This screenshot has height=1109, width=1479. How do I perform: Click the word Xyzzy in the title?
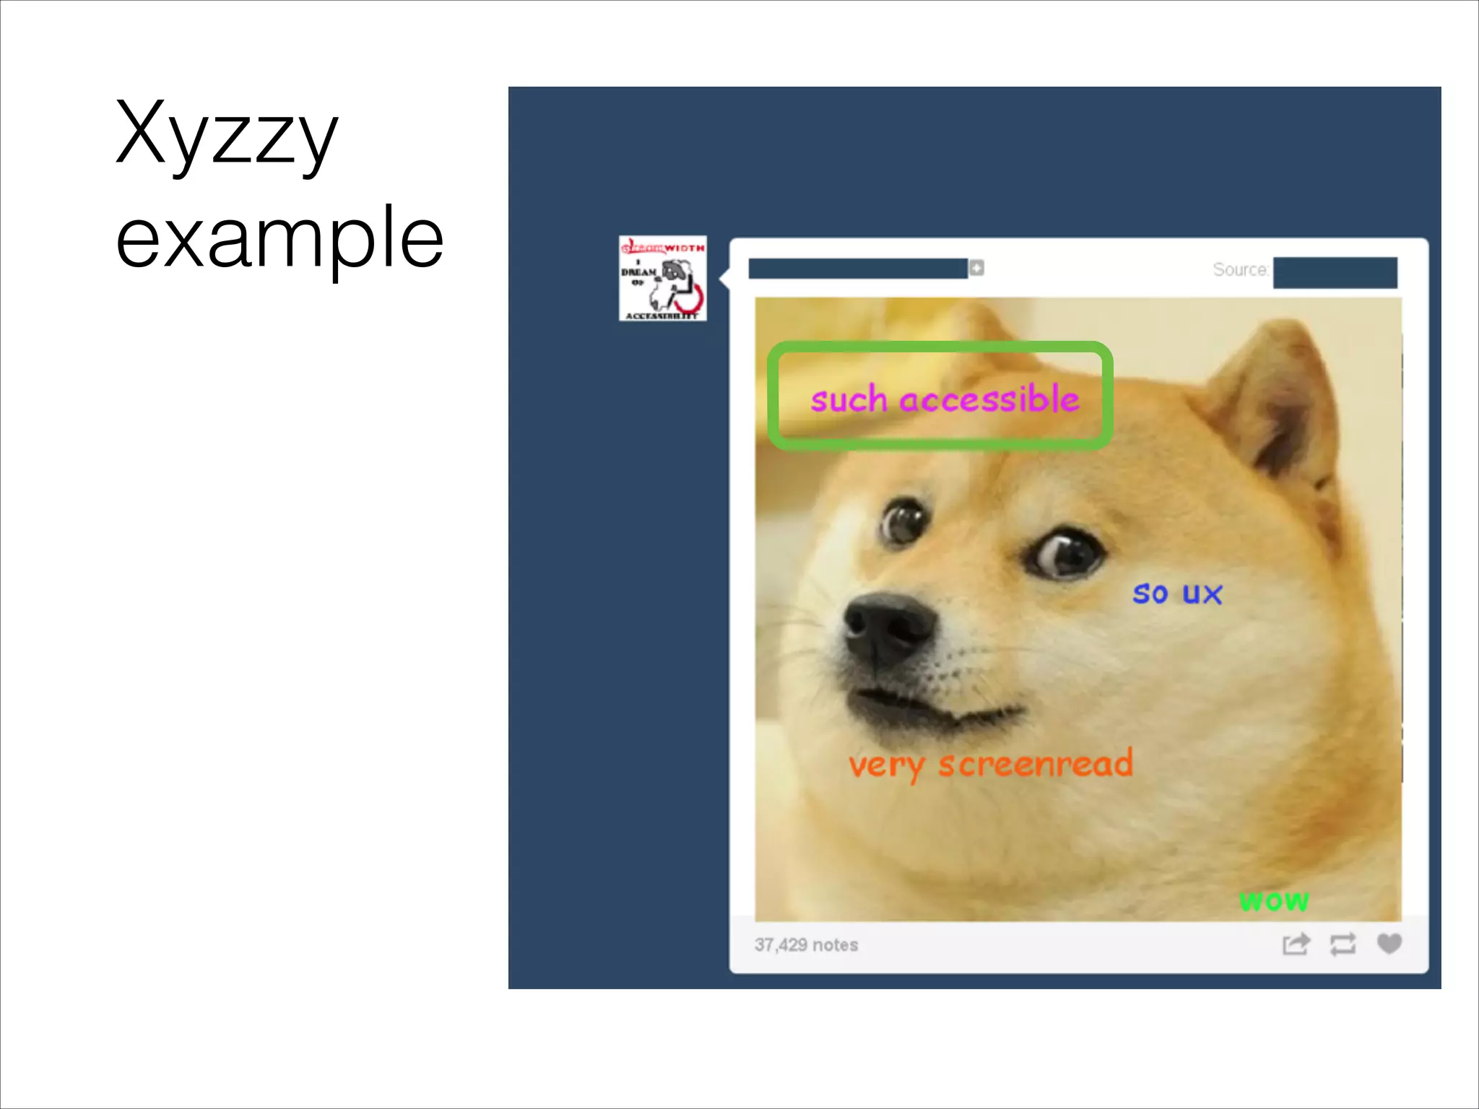(x=226, y=136)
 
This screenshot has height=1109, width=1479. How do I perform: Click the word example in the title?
(x=279, y=238)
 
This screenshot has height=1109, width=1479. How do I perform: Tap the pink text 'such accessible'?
(x=945, y=399)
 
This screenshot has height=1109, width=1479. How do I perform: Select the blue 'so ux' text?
(x=1177, y=593)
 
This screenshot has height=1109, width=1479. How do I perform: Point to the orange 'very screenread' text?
(x=991, y=765)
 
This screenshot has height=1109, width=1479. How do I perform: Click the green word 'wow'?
(x=1274, y=900)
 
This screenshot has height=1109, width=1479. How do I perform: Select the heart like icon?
(x=1389, y=944)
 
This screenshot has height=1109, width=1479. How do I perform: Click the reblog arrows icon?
(x=1343, y=944)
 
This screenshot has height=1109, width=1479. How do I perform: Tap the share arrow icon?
(x=1296, y=944)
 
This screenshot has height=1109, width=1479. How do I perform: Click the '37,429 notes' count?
(x=806, y=945)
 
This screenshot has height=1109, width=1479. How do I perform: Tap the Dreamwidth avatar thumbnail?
(x=663, y=279)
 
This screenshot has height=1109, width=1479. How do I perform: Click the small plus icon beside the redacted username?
(x=976, y=268)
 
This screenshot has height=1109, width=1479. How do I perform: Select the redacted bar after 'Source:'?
(x=1335, y=272)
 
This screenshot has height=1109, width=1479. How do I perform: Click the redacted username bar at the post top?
(x=858, y=269)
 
